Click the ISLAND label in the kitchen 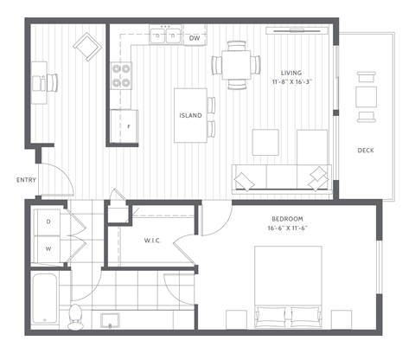(x=191, y=115)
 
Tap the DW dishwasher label (x=195, y=38)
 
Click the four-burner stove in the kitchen (x=122, y=77)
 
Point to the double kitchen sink (x=163, y=36)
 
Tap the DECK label (x=366, y=151)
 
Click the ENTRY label (x=27, y=180)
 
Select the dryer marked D (x=48, y=222)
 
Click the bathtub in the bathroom (x=43, y=301)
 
